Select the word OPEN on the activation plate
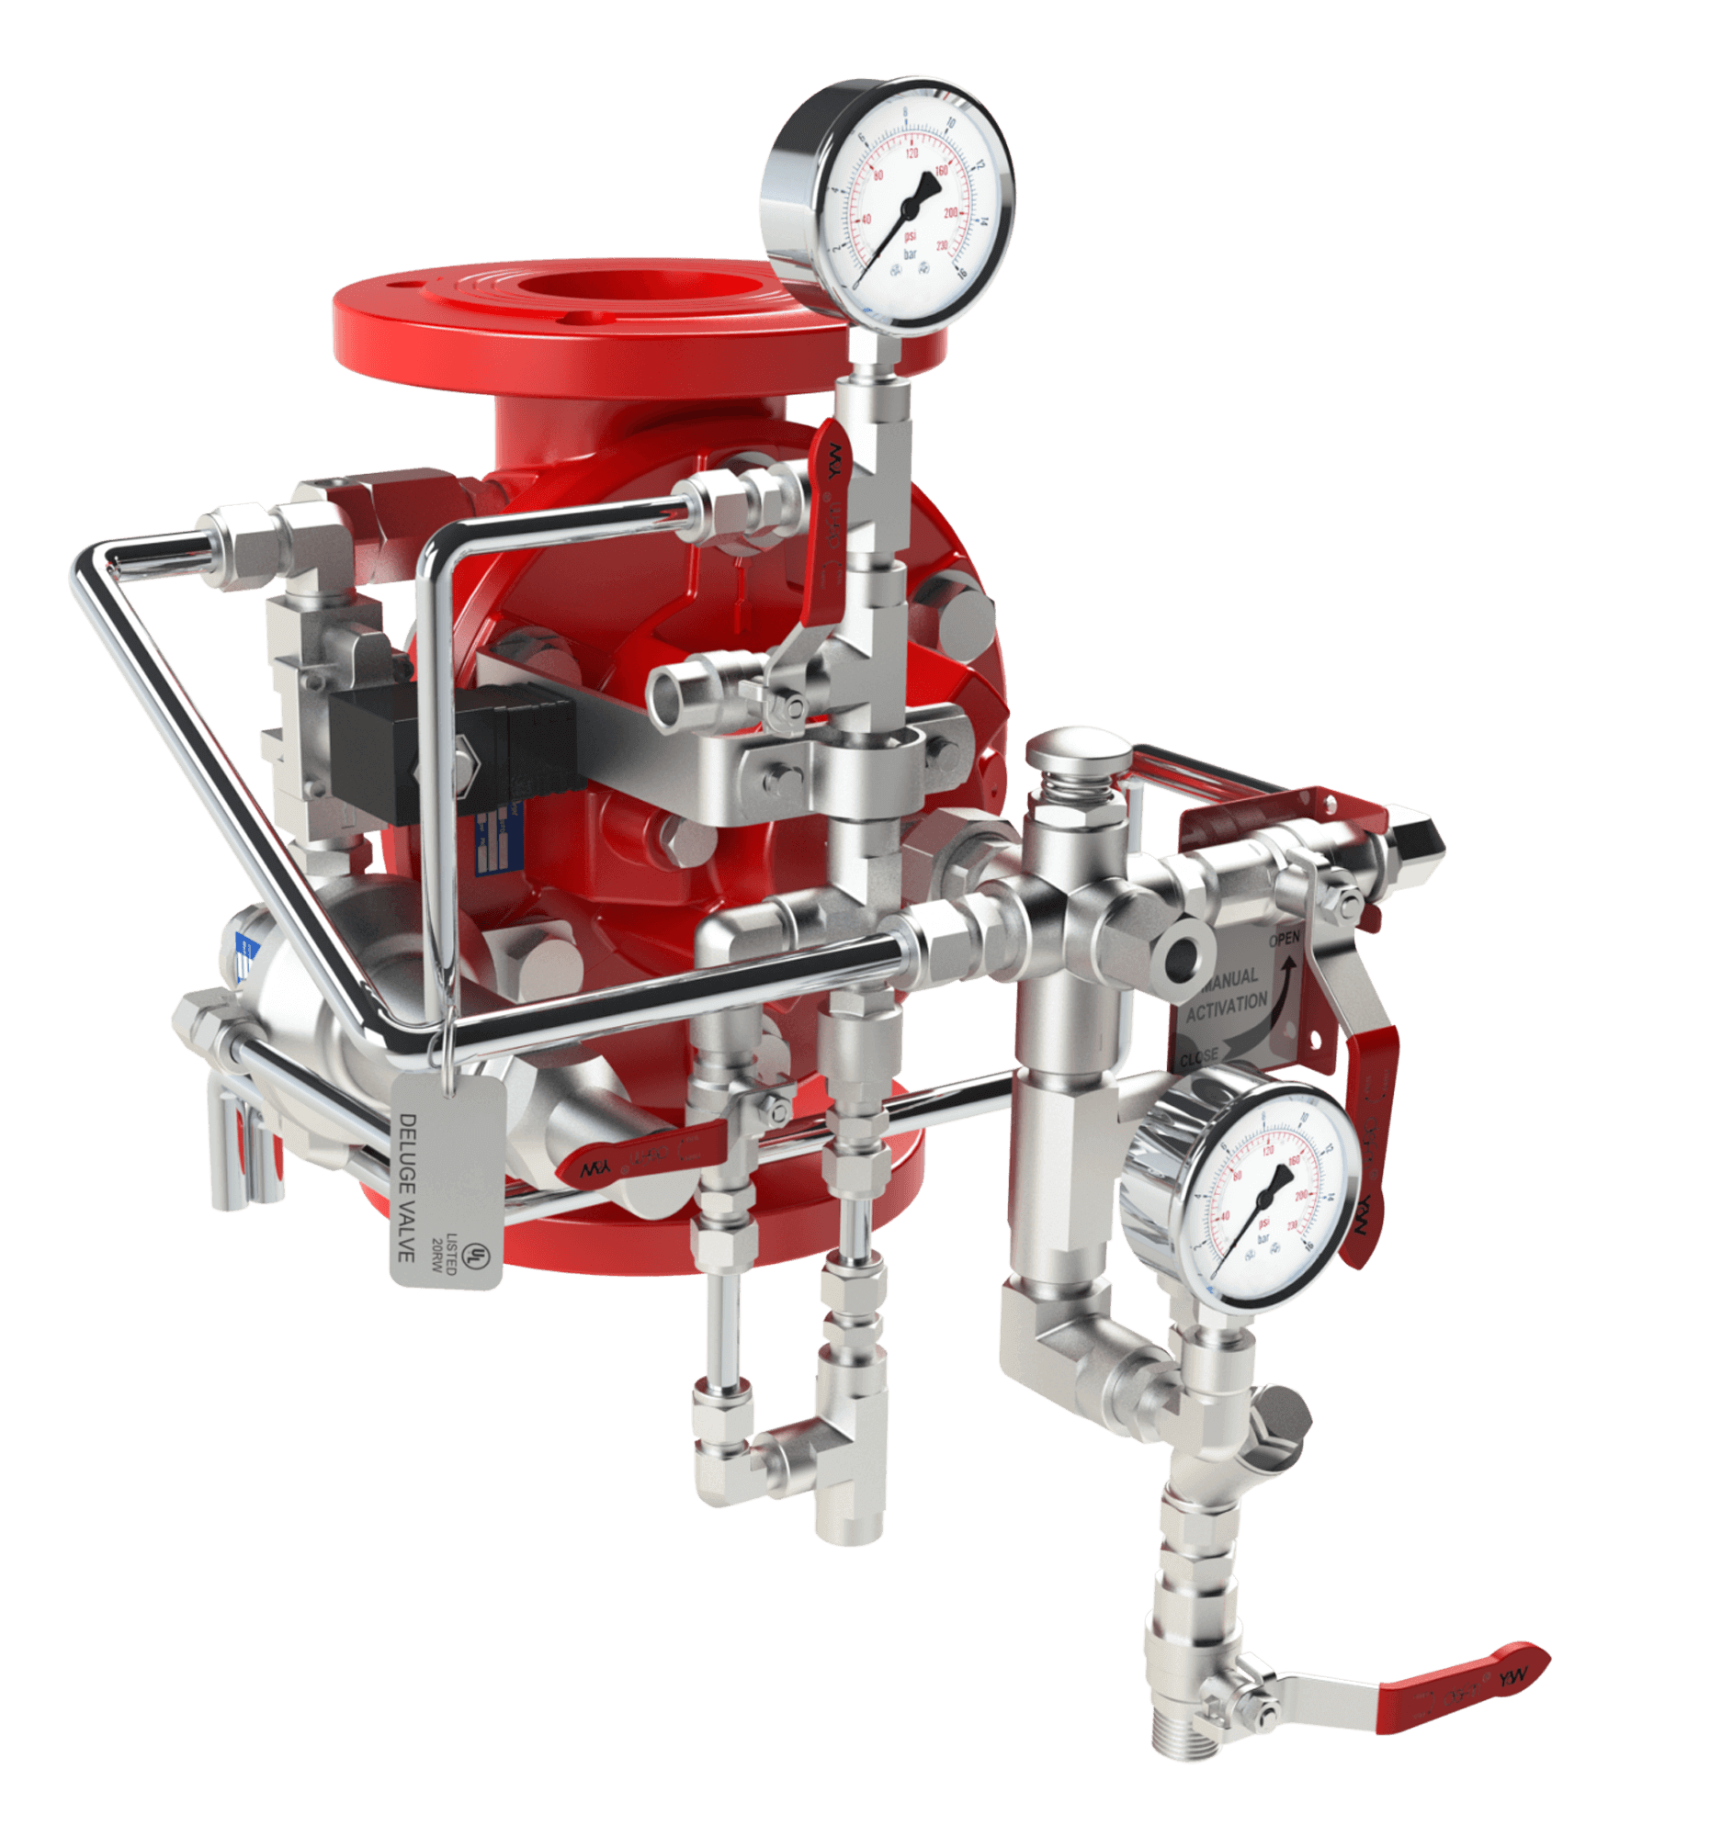(x=1284, y=939)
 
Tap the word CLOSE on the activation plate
(x=1198, y=1059)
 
